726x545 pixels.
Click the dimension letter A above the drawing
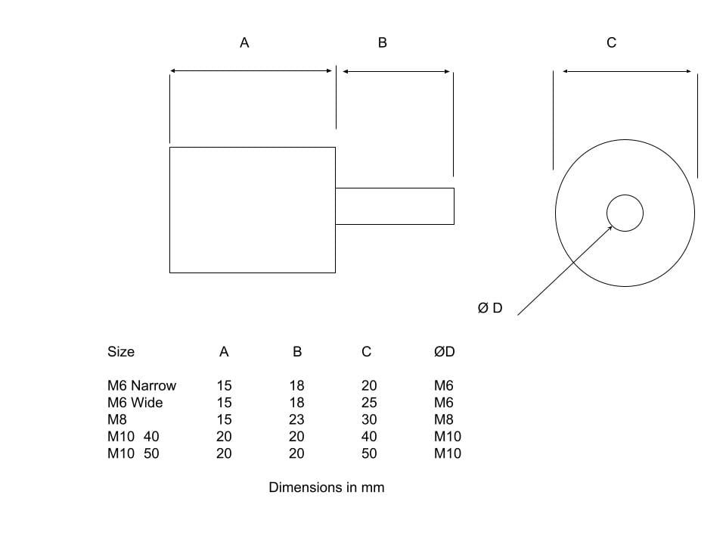pos(244,43)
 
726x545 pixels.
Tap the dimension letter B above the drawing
pos(382,43)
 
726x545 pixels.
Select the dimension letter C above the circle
pos(612,43)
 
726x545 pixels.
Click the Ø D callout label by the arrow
pos(490,308)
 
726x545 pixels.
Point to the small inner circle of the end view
pos(625,213)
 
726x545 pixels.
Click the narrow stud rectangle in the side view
pos(394,206)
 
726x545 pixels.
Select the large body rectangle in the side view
pos(252,210)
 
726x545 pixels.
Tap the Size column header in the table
pos(121,352)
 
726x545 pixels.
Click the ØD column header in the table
pos(445,352)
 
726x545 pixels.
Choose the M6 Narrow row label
pos(141,386)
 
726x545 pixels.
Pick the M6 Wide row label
pos(135,403)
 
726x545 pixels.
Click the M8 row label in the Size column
pos(117,419)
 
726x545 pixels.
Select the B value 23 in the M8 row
pos(296,419)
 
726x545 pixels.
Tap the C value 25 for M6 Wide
pos(368,403)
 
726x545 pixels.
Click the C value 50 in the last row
pos(368,453)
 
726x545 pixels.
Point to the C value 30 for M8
pos(368,419)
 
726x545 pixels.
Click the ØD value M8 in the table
pos(444,419)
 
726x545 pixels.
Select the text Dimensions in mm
pos(326,487)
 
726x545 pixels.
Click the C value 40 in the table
pos(368,437)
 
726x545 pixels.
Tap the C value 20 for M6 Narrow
pos(368,386)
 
